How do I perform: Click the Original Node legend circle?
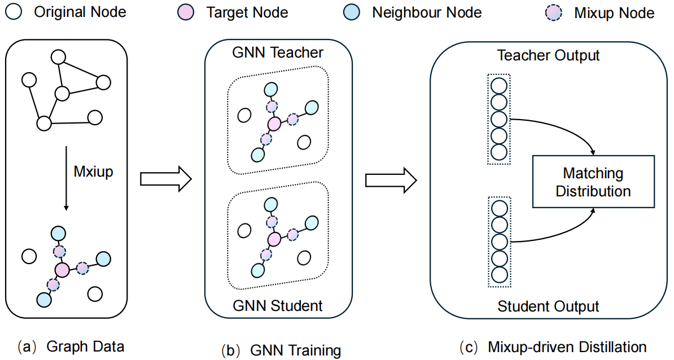pyautogui.click(x=12, y=12)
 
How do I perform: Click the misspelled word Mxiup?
pyautogui.click(x=94, y=172)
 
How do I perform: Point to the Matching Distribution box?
pyautogui.click(x=593, y=182)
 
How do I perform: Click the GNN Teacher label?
pyautogui.click(x=278, y=53)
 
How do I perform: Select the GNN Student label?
pyautogui.click(x=278, y=306)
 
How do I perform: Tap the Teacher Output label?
pyautogui.click(x=548, y=55)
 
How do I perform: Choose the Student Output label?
pyautogui.click(x=548, y=306)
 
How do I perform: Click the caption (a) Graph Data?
pyautogui.click(x=72, y=346)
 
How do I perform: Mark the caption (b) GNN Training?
pyautogui.click(x=281, y=350)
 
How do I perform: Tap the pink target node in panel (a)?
pyautogui.click(x=62, y=270)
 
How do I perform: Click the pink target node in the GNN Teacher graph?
pyautogui.click(x=274, y=124)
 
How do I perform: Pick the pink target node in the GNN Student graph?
pyautogui.click(x=274, y=239)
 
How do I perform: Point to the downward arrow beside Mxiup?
pyautogui.click(x=67, y=180)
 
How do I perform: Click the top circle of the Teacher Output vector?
pyautogui.click(x=499, y=85)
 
